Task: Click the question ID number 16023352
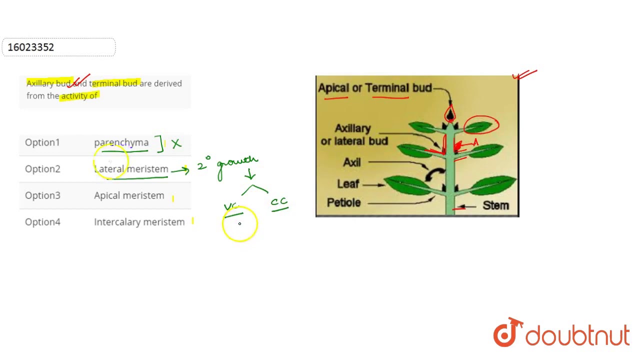pos(31,47)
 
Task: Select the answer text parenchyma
pos(121,142)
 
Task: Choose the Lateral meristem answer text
pos(131,169)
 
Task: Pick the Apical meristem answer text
pos(129,195)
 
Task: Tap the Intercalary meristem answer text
pos(139,222)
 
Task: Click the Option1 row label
pos(42,142)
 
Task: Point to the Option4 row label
pos(42,222)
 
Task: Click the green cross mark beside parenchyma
pos(176,144)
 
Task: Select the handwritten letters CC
pos(279,202)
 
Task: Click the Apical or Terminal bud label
pos(374,88)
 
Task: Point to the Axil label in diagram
pos(352,162)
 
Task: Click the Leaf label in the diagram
pos(348,184)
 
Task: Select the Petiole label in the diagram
pos(343,202)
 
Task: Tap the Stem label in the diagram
pos(495,205)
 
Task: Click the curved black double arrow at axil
pos(434,173)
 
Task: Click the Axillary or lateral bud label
pos(354,135)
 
